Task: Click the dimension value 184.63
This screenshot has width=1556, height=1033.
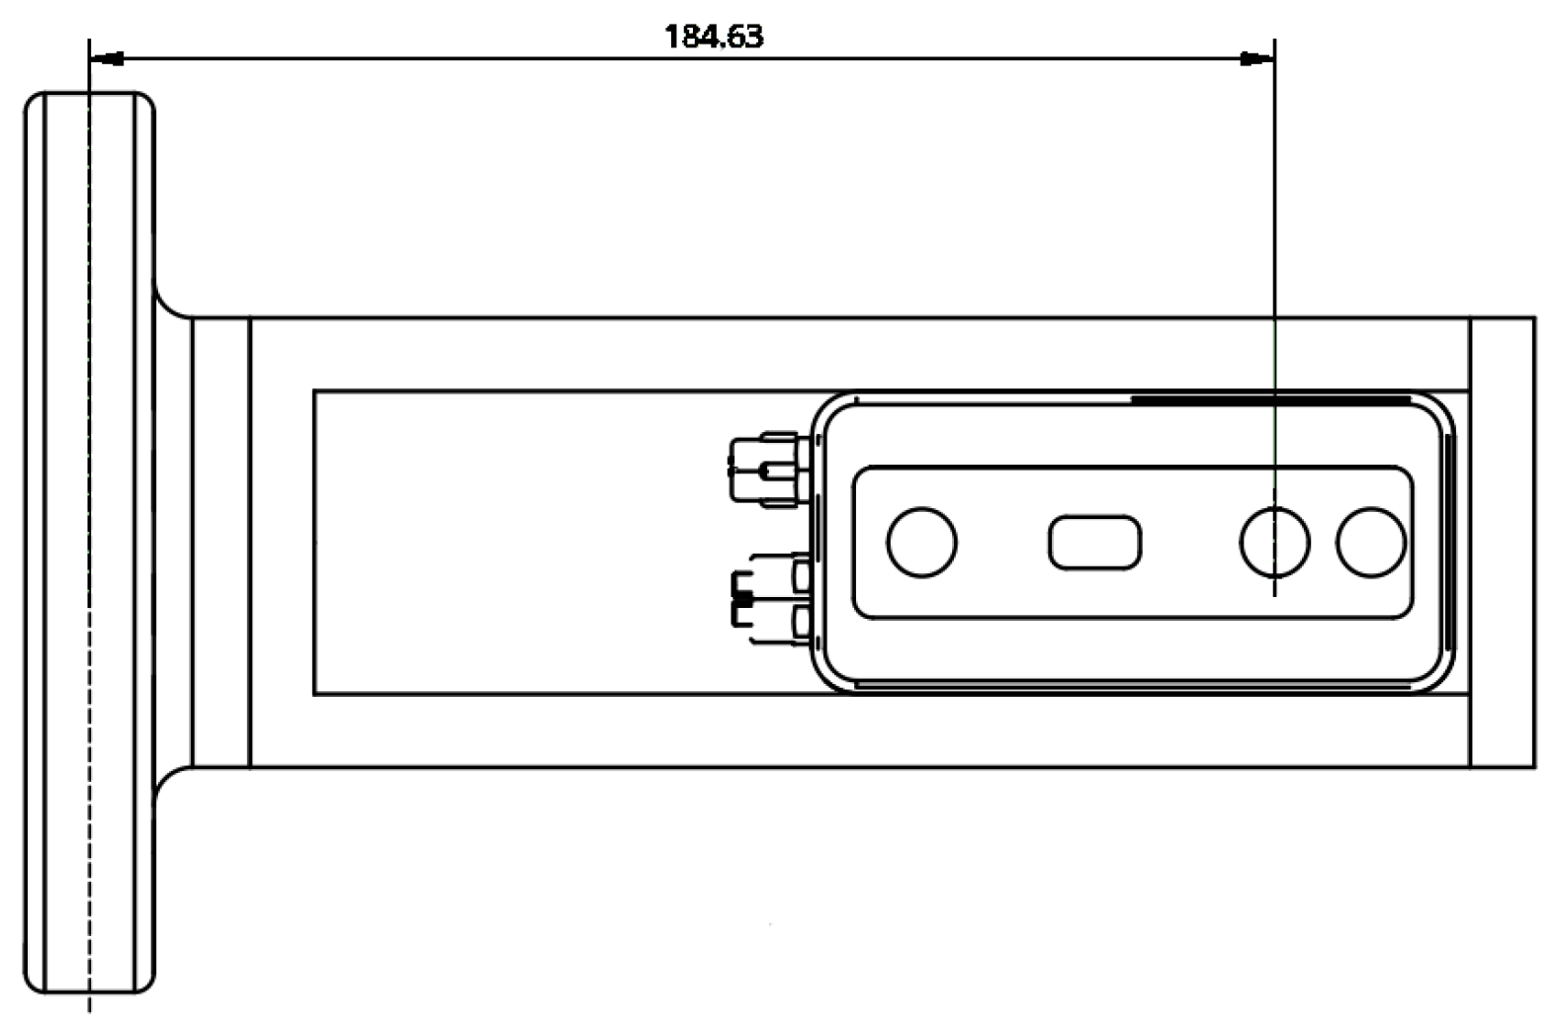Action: [714, 37]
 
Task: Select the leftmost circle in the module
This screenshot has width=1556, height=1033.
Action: [921, 542]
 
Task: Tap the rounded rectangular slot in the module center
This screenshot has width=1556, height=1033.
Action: [1094, 542]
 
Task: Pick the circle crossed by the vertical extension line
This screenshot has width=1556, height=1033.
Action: [1274, 542]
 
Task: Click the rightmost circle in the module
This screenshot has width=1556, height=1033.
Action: [1370, 542]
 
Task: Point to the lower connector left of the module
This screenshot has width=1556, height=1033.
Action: [771, 598]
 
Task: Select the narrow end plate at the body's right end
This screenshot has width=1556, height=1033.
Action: [1503, 542]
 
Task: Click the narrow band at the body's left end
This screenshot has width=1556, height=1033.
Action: [221, 542]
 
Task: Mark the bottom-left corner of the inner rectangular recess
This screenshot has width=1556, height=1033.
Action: [314, 694]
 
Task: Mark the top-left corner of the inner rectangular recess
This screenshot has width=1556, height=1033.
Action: [314, 391]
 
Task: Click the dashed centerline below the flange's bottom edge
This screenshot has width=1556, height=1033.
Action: [89, 1002]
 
